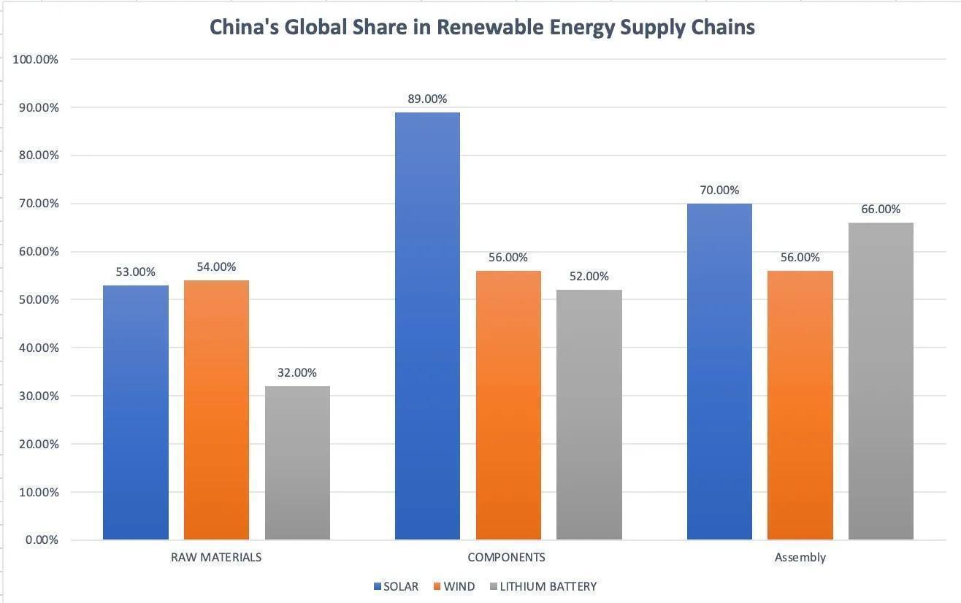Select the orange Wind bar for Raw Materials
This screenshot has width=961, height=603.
216,410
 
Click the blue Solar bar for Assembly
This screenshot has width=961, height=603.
719,372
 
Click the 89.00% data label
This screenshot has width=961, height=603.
427,99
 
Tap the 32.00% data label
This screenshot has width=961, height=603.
297,373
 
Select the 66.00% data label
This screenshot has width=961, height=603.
881,210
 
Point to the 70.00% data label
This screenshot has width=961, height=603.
719,191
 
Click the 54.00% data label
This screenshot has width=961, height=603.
216,267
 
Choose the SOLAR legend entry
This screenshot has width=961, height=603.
400,586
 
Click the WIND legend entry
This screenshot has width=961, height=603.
459,586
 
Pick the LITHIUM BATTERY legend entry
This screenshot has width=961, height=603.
548,586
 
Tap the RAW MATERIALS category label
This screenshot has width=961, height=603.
216,557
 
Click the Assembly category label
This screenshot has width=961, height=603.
800,557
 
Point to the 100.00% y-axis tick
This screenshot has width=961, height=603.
36,59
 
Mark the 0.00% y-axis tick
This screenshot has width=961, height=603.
41,540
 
